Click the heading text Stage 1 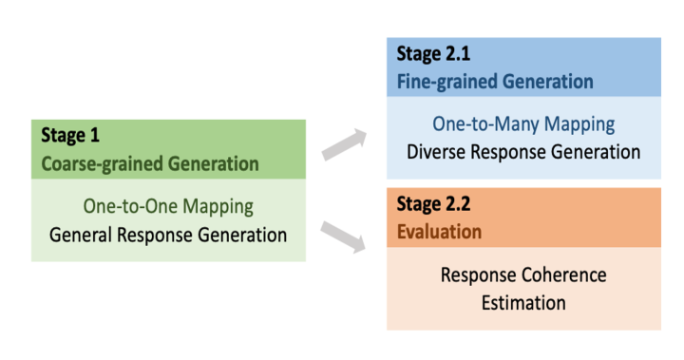[x=70, y=136]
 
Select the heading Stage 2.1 [x=433, y=54]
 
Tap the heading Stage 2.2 [x=433, y=204]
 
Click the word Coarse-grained [x=102, y=164]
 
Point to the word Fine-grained [x=446, y=82]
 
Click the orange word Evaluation [x=439, y=232]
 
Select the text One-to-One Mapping [x=168, y=207]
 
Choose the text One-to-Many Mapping [x=523, y=124]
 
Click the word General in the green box [x=81, y=235]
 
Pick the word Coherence [x=564, y=275]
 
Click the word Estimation [x=523, y=303]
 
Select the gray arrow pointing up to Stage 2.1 [x=344, y=144]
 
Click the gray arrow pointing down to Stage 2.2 [x=343, y=237]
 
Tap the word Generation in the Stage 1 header [x=214, y=164]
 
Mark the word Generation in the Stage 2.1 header [x=547, y=82]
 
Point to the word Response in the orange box [x=478, y=275]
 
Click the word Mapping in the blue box [x=579, y=124]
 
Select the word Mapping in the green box [x=218, y=207]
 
